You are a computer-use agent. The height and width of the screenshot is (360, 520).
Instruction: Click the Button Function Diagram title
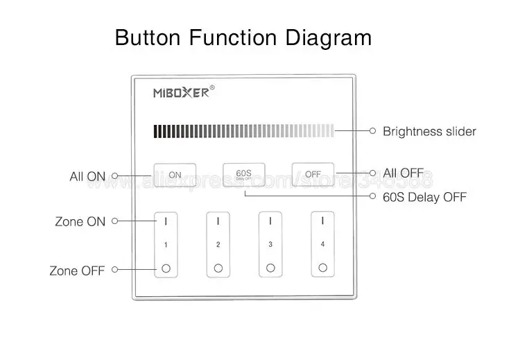click(x=243, y=37)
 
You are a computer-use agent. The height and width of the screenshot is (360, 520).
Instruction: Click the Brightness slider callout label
click(x=429, y=131)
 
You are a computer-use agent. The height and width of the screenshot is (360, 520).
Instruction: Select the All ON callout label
click(x=87, y=176)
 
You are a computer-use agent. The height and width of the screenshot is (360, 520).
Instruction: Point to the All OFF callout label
click(x=403, y=173)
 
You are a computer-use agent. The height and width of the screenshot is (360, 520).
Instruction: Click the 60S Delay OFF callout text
click(x=425, y=198)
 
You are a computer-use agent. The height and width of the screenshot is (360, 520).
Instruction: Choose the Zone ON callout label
click(x=80, y=222)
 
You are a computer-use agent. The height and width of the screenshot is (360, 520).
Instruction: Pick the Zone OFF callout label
click(x=77, y=271)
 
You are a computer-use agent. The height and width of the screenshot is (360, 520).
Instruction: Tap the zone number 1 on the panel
click(x=166, y=244)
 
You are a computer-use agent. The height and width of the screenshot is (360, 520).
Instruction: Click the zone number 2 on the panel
click(x=218, y=244)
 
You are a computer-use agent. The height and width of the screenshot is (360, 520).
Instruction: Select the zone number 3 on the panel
click(x=270, y=244)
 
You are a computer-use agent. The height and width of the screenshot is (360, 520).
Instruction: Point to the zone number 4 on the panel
click(x=322, y=244)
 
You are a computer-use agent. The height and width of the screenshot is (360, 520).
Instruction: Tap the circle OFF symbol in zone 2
click(x=218, y=268)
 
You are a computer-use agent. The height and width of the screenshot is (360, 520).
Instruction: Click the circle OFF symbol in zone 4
click(x=322, y=268)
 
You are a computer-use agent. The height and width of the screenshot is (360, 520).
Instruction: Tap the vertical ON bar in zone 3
click(x=270, y=221)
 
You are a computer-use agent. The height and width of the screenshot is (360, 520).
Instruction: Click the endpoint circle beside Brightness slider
click(x=373, y=130)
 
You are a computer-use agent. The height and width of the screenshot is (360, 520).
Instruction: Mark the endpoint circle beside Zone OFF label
click(x=114, y=270)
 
